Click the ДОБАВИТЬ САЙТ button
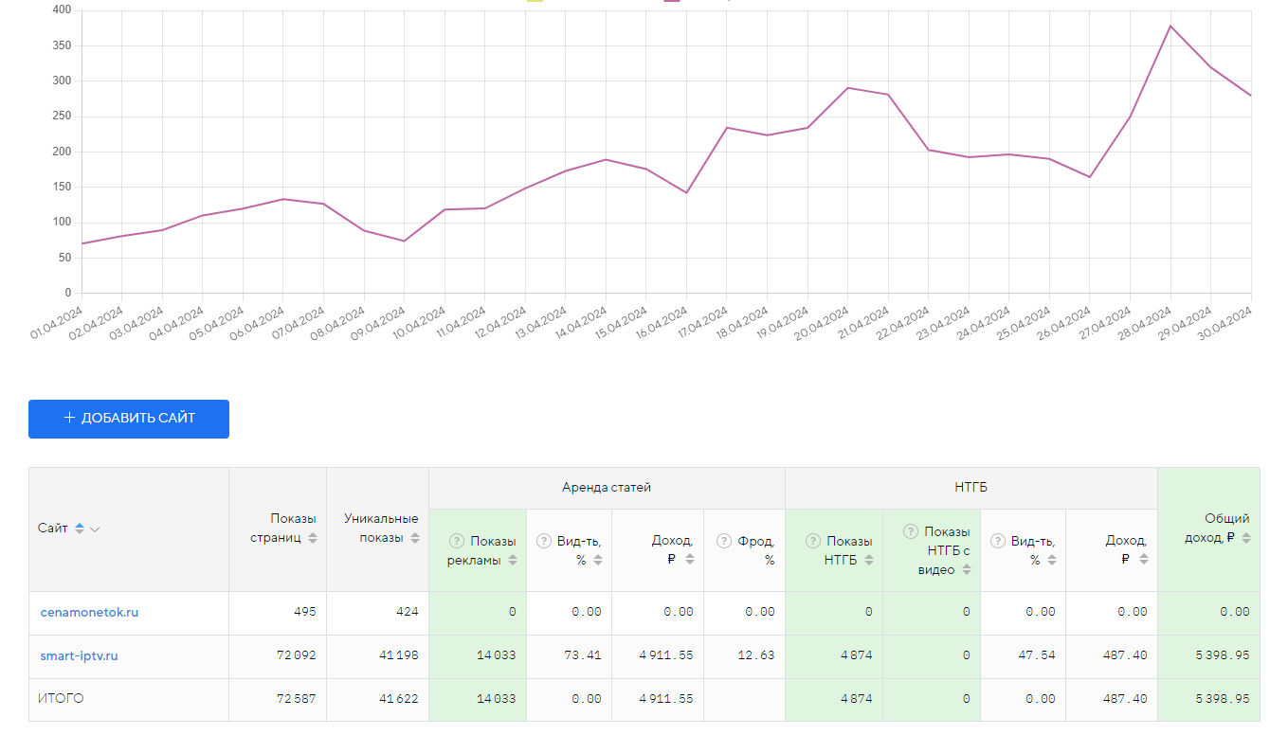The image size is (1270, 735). (x=129, y=419)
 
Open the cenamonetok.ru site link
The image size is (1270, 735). (x=89, y=613)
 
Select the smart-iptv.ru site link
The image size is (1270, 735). (x=79, y=655)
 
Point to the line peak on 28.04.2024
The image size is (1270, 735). (x=1170, y=26)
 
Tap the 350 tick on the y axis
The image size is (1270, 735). (x=63, y=45)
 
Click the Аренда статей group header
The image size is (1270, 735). (x=607, y=488)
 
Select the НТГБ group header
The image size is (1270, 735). (x=971, y=488)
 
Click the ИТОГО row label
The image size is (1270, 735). (x=61, y=699)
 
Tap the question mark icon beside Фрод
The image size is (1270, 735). (x=722, y=541)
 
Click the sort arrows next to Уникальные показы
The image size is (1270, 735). (x=415, y=538)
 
